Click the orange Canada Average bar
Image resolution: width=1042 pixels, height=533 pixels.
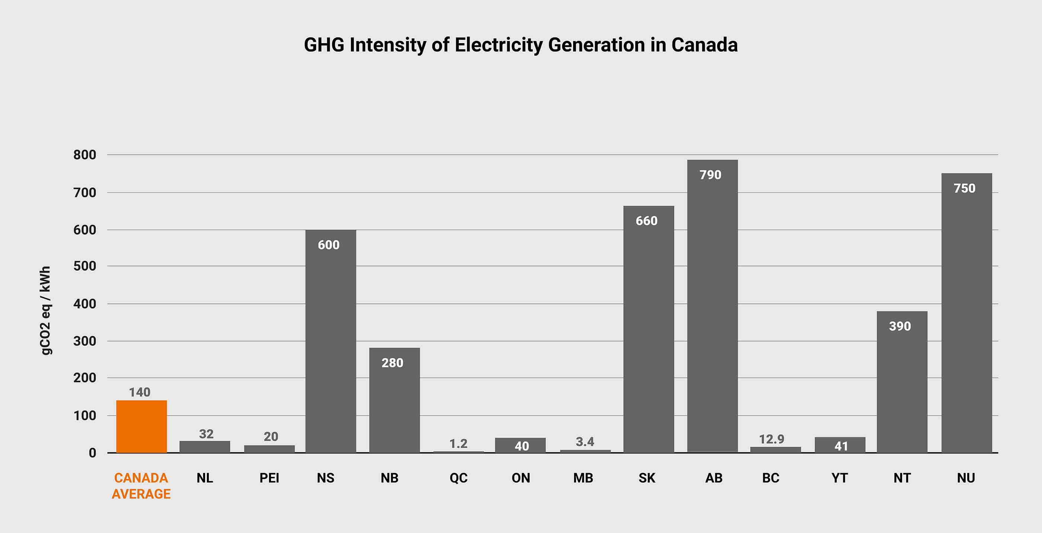click(141, 426)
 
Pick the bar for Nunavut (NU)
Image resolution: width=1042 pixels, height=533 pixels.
click(966, 315)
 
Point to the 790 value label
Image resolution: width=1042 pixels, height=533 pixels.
click(710, 175)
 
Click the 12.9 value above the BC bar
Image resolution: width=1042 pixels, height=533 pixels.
click(771, 439)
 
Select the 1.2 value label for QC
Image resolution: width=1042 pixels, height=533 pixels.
click(458, 444)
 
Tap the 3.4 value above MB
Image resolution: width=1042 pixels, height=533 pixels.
click(585, 442)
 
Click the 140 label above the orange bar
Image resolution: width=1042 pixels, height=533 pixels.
click(140, 392)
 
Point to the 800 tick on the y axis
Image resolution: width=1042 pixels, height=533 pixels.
click(84, 154)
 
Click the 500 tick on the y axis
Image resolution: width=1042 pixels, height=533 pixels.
click(84, 266)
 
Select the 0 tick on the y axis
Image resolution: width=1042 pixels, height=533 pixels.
click(92, 453)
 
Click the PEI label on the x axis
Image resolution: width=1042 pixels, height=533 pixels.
click(269, 478)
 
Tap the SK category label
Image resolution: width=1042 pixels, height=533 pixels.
click(646, 478)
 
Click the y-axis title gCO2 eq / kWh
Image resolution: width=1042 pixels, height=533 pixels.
click(46, 310)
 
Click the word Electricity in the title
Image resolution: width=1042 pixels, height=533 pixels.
click(498, 45)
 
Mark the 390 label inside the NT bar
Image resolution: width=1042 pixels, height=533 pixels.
click(899, 326)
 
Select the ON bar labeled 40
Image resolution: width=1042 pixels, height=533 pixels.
click(520, 445)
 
